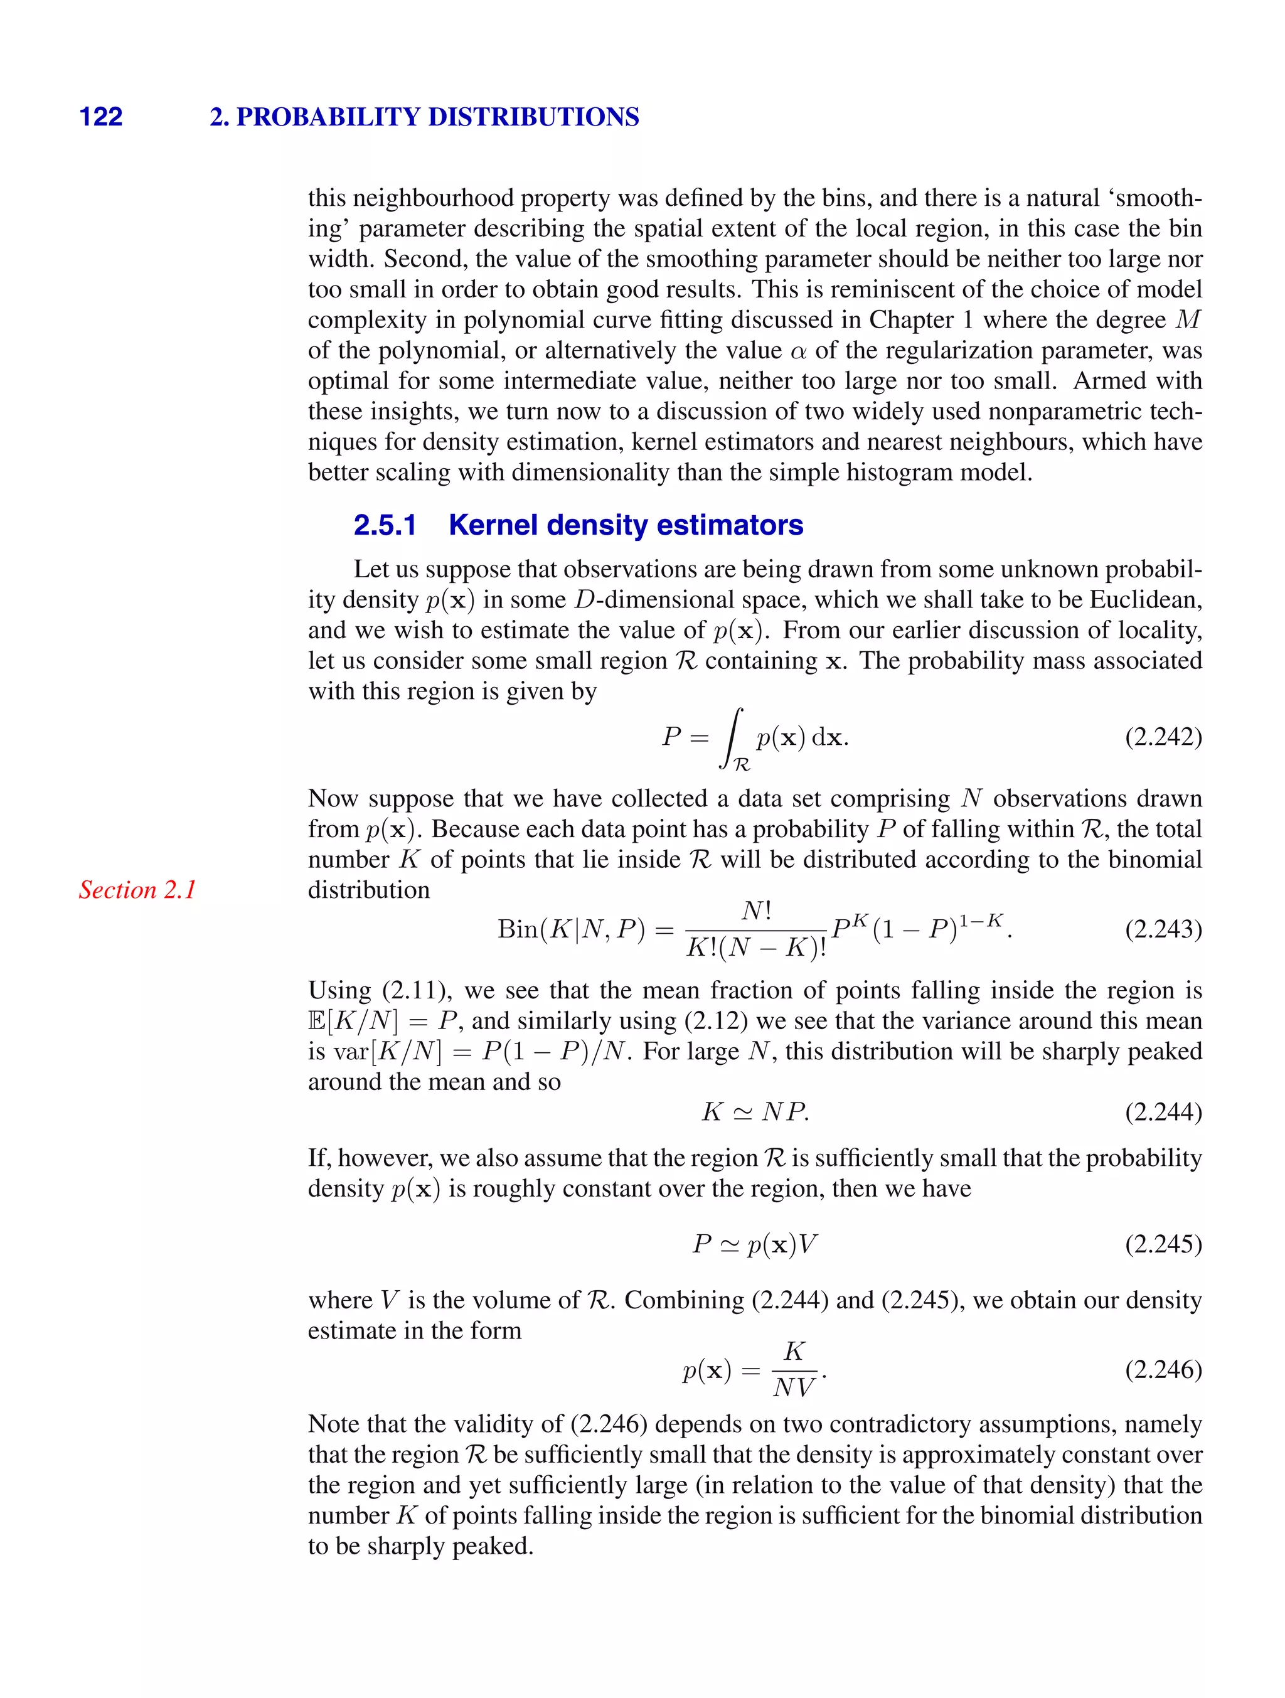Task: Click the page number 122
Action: (100, 117)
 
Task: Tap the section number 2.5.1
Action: (385, 525)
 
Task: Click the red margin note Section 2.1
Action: (137, 890)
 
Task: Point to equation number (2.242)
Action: (1163, 737)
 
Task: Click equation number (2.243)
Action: (1163, 929)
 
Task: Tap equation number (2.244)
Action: (1163, 1111)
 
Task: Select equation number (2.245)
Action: (1163, 1243)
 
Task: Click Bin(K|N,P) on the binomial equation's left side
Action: (571, 929)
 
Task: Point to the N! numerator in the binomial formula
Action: (755, 911)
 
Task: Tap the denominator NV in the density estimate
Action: (794, 1387)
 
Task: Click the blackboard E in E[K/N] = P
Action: (317, 1021)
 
